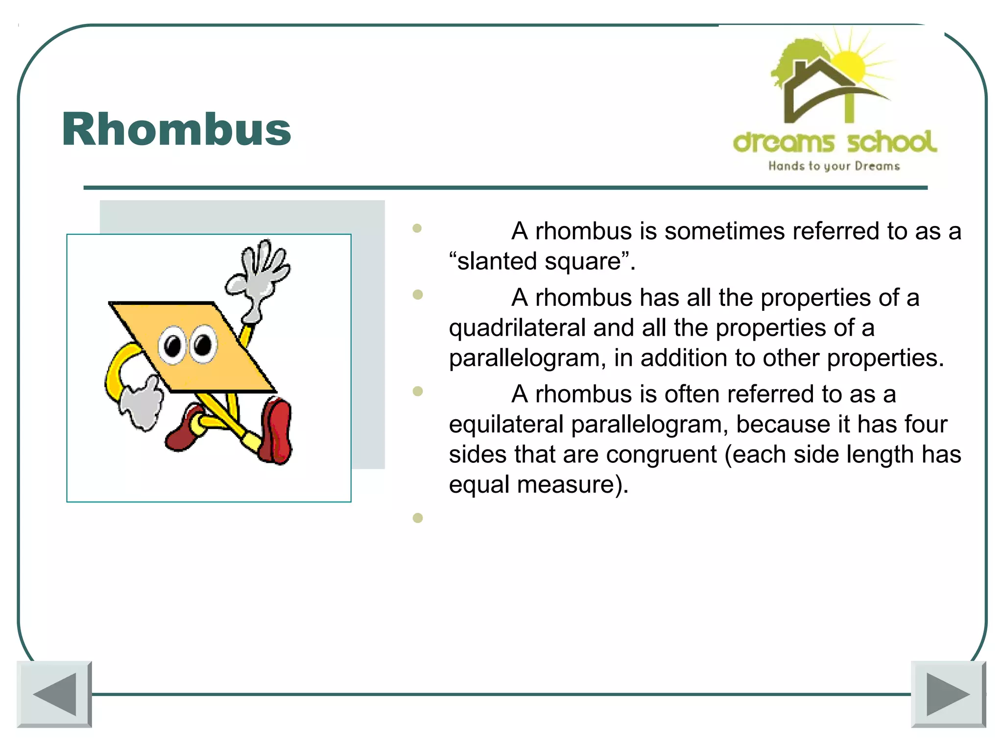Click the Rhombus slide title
point(176,130)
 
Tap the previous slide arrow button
point(54,694)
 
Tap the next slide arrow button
point(948,694)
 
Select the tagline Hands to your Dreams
point(834,166)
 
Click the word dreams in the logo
point(783,142)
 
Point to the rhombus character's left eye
point(172,346)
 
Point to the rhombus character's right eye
point(203,344)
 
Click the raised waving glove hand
point(260,275)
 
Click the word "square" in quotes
point(583,261)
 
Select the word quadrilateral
point(517,328)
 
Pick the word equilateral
point(506,425)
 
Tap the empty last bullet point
point(417,518)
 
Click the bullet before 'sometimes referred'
point(417,228)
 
